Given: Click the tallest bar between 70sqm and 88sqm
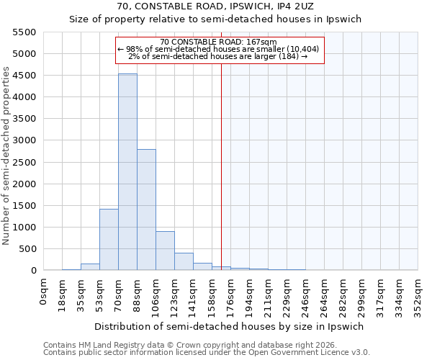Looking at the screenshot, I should [x=127, y=172].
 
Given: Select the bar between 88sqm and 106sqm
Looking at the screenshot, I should [x=146, y=210].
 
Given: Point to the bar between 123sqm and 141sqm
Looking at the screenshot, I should [x=184, y=261].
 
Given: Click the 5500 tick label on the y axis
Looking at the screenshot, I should [x=24, y=32].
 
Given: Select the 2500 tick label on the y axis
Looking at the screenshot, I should [x=24, y=163].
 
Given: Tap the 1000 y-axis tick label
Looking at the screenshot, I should [x=24, y=228].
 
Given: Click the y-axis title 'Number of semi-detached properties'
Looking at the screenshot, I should [x=7, y=156].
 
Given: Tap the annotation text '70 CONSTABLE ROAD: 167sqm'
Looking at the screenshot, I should [x=218, y=42].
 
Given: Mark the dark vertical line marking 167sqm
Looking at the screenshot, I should [x=221, y=166].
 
